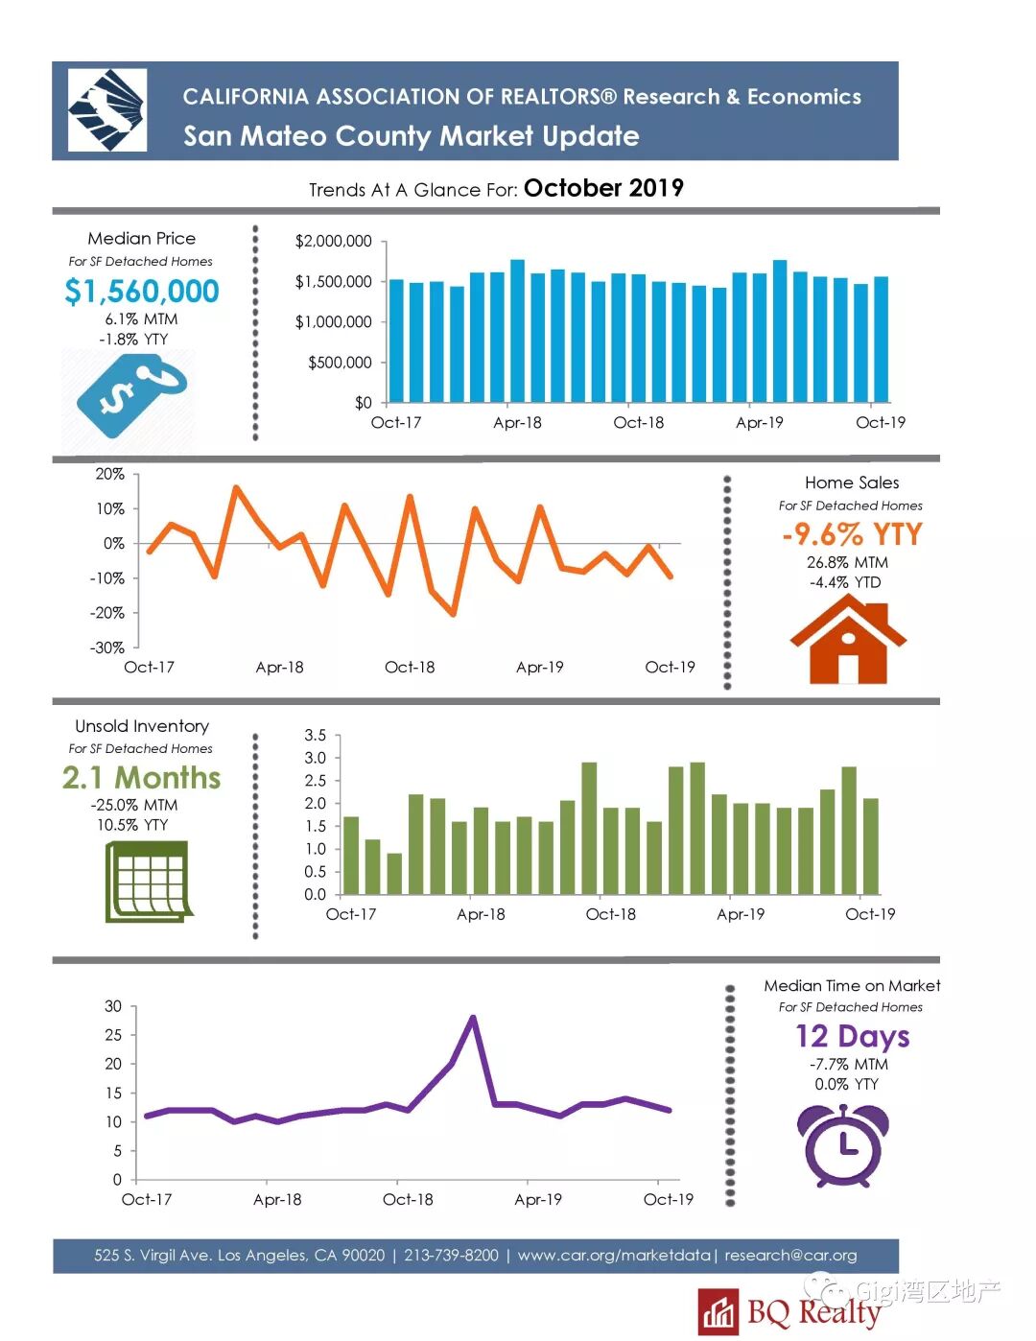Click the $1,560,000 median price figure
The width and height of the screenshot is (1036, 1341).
[x=142, y=291]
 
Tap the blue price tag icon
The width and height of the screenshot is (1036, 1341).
[x=130, y=394]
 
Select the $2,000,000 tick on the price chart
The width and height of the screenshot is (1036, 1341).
[x=333, y=242]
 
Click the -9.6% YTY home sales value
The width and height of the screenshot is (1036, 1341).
[x=852, y=534]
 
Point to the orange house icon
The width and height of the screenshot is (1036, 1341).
[x=847, y=640]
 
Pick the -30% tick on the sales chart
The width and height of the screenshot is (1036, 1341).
[x=107, y=647]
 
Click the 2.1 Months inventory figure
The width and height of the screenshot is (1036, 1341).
[x=142, y=777]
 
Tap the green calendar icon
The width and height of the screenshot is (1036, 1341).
[x=148, y=882]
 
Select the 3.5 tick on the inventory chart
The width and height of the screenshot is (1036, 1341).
[x=315, y=736]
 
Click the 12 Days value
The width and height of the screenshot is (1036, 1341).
[x=852, y=1036]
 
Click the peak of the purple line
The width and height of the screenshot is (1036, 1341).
[x=473, y=1018]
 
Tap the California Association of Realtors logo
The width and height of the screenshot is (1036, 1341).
[x=107, y=110]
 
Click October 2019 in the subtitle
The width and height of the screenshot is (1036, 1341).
[x=603, y=188]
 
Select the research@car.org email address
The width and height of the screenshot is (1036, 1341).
[x=790, y=1255]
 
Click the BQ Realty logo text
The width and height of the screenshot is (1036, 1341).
[x=813, y=1311]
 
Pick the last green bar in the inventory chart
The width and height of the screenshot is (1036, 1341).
[x=871, y=846]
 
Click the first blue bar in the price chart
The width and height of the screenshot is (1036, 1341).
[x=396, y=341]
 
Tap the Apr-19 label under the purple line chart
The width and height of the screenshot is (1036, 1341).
[x=538, y=1199]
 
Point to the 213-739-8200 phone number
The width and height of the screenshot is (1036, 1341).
[x=451, y=1255]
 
